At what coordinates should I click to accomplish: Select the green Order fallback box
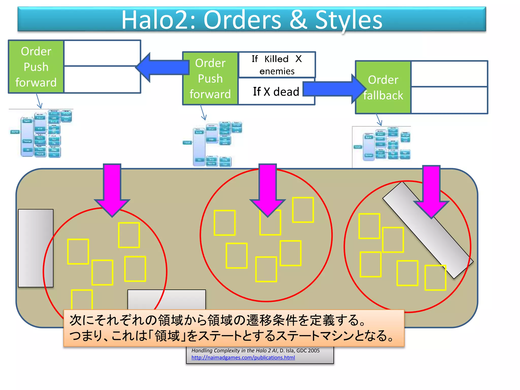pos(383,87)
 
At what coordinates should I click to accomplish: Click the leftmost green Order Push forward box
pos(36,67)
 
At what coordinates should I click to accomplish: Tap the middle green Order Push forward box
pos(210,78)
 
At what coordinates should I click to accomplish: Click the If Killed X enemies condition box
pos(277,65)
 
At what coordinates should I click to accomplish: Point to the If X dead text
pos(276,91)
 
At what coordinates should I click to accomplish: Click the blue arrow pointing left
pos(162,68)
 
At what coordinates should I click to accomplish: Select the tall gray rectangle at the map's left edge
pos(36,248)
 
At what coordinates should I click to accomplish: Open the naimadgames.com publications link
pos(243,357)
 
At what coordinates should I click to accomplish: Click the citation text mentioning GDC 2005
pos(255,351)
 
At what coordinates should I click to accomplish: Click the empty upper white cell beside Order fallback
pos(449,74)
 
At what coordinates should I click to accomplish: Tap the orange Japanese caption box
pos(234,328)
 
